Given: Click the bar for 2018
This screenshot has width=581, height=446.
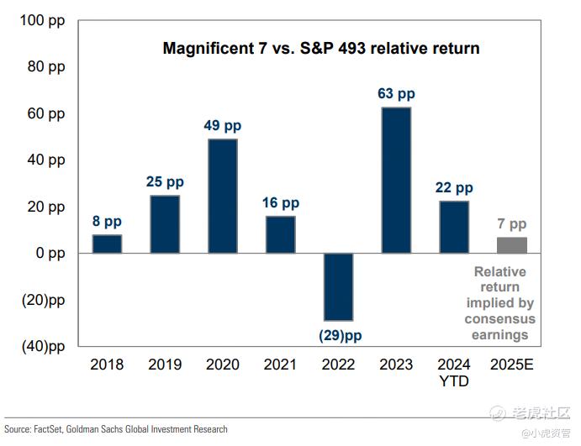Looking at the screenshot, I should pyautogui.click(x=107, y=244).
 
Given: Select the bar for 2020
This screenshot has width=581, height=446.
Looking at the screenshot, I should pyautogui.click(x=223, y=196).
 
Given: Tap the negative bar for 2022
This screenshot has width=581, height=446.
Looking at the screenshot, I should pyautogui.click(x=338, y=286).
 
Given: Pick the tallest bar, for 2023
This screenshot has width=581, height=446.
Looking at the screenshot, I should pyautogui.click(x=396, y=180).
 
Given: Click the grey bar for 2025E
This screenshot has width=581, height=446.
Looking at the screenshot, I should pyautogui.click(x=511, y=245).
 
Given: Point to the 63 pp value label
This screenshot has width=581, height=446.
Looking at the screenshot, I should pyautogui.click(x=396, y=94).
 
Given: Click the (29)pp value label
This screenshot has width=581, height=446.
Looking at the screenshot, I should pyautogui.click(x=340, y=335).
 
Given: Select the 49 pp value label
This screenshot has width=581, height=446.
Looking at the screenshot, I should pyautogui.click(x=223, y=126).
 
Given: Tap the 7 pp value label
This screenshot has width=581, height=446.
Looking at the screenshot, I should pyautogui.click(x=511, y=224).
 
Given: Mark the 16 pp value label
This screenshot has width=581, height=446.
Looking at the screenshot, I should pyautogui.click(x=281, y=203).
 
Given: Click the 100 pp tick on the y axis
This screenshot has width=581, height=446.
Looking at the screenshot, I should pyautogui.click(x=42, y=20).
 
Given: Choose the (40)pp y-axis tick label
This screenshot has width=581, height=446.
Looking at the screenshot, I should pyautogui.click(x=42, y=346).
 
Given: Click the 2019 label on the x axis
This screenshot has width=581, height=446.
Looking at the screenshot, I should pyautogui.click(x=165, y=365).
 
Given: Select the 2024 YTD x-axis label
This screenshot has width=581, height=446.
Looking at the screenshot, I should pyautogui.click(x=454, y=373).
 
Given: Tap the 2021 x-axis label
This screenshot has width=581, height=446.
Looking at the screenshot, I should pyautogui.click(x=281, y=365).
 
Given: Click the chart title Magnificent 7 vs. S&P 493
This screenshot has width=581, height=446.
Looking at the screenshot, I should pyautogui.click(x=321, y=49).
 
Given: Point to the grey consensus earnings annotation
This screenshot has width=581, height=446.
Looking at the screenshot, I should pyautogui.click(x=500, y=303).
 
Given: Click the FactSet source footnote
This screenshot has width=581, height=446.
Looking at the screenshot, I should pyautogui.click(x=115, y=429).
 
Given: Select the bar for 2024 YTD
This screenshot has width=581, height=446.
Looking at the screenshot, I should pyautogui.click(x=454, y=227).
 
